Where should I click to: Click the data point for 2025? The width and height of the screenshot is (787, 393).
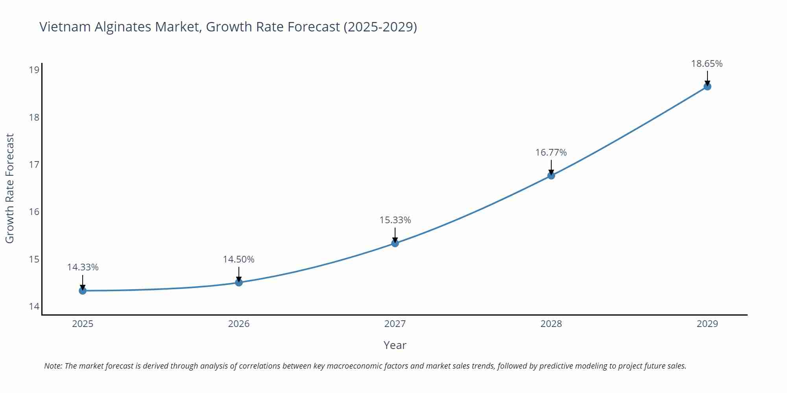tap(83, 291)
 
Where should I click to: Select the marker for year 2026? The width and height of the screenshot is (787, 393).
tap(239, 283)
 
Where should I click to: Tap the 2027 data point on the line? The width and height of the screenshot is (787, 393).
tap(395, 243)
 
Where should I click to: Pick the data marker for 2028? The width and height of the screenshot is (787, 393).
tap(551, 176)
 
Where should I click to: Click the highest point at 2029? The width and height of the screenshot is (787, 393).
tap(707, 86)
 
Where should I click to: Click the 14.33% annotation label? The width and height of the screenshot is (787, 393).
tap(83, 267)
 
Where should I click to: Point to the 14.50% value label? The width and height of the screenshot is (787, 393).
tap(239, 259)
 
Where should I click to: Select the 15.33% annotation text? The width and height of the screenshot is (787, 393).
tap(395, 220)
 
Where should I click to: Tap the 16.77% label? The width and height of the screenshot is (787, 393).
tap(551, 152)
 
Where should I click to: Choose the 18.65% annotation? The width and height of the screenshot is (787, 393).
tap(707, 64)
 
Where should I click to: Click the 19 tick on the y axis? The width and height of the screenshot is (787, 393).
tap(34, 70)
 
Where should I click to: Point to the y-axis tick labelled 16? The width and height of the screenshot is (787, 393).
tap(34, 212)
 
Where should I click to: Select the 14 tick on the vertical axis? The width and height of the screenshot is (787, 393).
tap(34, 307)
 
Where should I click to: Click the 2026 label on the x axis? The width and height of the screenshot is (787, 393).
tap(239, 324)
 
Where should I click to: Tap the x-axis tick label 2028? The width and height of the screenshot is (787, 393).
tap(551, 324)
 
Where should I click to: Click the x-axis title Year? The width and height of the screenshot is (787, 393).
tap(395, 345)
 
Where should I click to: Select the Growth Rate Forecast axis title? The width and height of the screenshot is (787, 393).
tap(10, 188)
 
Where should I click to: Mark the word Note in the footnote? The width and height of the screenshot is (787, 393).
tap(52, 366)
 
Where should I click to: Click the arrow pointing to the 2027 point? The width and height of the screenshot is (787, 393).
tap(395, 235)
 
